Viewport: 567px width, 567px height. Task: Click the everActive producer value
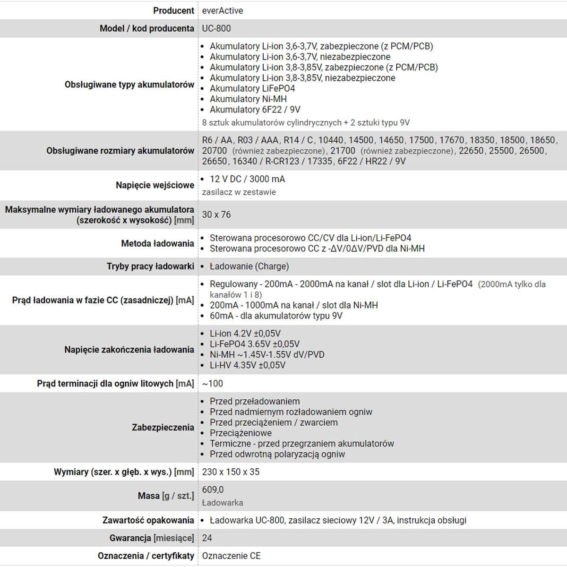[x=223, y=10]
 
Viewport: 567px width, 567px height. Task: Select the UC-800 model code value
[x=216, y=28]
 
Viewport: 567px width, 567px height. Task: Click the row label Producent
[x=173, y=10]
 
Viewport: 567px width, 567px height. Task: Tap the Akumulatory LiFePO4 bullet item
[x=252, y=88]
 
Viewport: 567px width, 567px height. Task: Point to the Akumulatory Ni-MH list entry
[x=248, y=99]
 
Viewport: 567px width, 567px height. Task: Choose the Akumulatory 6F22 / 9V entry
[x=255, y=110]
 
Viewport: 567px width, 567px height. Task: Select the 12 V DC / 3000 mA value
[x=247, y=179]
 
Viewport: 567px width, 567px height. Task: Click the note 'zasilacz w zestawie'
[x=239, y=192]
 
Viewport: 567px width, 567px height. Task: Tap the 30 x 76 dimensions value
[x=216, y=215]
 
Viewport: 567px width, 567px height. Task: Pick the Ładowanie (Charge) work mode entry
[x=249, y=266]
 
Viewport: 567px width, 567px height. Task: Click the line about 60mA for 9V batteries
[x=276, y=316]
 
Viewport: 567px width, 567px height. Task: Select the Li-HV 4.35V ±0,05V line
[x=248, y=365]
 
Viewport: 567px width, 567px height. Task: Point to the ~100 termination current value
[x=212, y=384]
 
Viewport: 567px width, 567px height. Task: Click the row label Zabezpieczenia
[x=163, y=428]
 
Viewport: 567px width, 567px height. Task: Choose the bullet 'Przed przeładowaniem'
[x=255, y=402]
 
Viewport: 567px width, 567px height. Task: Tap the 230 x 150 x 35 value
[x=231, y=472]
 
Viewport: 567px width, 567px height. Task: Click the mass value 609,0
[x=213, y=490]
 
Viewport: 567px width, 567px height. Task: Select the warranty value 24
[x=207, y=538]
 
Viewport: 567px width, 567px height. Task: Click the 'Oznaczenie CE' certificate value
[x=231, y=556]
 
